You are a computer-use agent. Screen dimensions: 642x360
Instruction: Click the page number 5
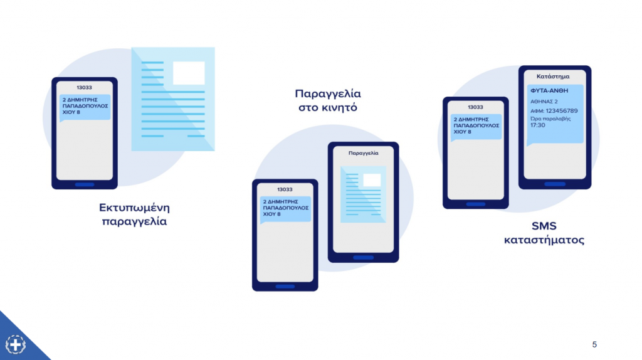(x=594, y=344)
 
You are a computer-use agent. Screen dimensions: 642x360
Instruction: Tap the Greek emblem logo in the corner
(x=16, y=344)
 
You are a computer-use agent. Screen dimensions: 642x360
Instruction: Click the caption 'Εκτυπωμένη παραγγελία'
(x=134, y=214)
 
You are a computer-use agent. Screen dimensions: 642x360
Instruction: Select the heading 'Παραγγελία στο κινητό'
(x=328, y=100)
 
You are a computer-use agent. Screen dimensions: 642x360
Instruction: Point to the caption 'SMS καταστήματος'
(x=544, y=233)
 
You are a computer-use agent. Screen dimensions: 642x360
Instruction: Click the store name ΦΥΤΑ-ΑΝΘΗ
(x=549, y=90)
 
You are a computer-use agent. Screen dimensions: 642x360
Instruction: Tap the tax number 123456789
(x=562, y=110)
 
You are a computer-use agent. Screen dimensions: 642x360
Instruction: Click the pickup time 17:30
(x=537, y=125)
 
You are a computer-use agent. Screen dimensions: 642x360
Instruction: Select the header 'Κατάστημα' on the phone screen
(x=553, y=76)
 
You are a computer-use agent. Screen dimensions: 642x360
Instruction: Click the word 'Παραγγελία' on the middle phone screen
(x=363, y=153)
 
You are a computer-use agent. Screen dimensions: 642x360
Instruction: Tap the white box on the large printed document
(x=189, y=73)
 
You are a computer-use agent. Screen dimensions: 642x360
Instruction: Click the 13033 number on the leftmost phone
(x=85, y=87)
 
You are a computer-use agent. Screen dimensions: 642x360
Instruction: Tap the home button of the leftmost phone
(x=85, y=184)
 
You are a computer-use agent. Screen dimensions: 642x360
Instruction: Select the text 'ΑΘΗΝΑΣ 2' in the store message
(x=544, y=102)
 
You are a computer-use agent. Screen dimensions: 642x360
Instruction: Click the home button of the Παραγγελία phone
(x=363, y=258)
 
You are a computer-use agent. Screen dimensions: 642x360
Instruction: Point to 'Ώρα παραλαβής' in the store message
(x=550, y=119)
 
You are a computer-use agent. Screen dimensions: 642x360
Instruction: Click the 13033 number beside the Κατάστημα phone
(x=475, y=107)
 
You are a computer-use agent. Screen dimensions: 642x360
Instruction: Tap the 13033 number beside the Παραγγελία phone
(x=285, y=189)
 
